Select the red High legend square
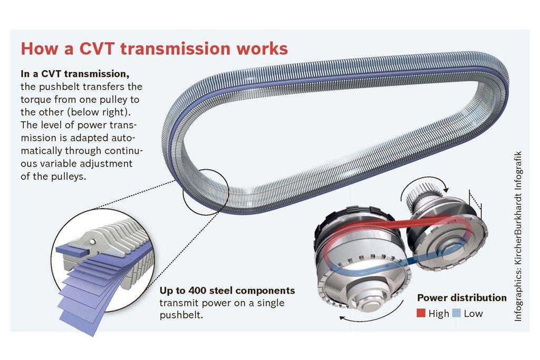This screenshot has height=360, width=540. tap(421, 314)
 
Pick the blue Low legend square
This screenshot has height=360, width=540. tap(457, 314)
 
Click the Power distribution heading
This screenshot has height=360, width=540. tap(462, 298)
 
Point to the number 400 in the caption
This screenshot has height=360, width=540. tap(200, 291)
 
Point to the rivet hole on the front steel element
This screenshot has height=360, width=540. tap(93, 241)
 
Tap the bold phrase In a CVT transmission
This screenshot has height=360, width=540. tap(74, 74)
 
